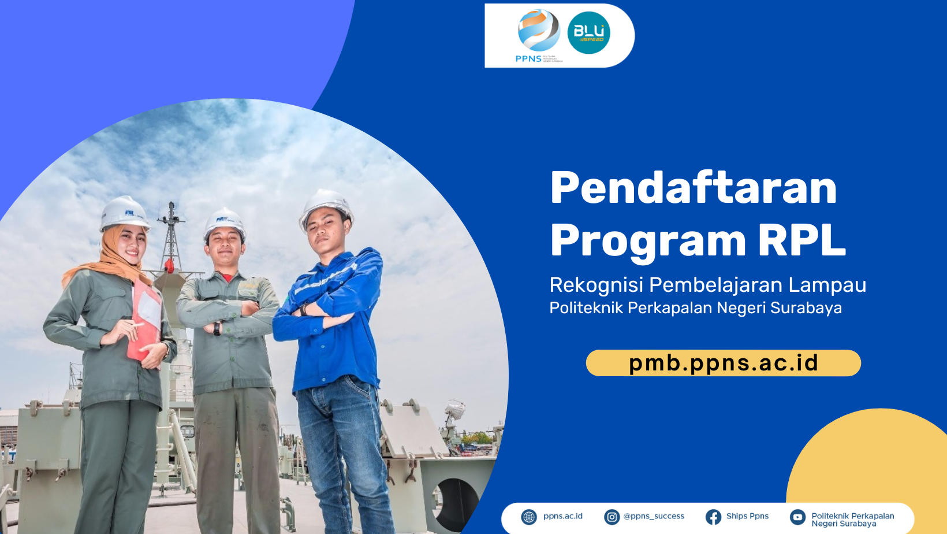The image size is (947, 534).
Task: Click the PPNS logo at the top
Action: coord(538,35)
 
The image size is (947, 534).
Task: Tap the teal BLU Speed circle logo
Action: coord(588,33)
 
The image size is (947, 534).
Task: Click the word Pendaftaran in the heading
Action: coord(693,188)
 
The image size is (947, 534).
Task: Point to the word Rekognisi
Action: coord(596,285)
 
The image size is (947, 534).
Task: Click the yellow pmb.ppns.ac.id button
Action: coord(723,363)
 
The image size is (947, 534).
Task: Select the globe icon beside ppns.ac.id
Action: coord(529,517)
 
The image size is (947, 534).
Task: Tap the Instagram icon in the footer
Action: coord(612,517)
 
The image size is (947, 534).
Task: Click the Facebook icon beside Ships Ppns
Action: coord(713,517)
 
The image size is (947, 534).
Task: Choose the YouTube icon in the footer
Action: coord(797,517)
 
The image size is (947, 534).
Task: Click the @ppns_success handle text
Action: coord(654,516)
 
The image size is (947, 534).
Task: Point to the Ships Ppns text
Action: coord(747,516)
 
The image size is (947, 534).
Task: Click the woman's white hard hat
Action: coord(124,212)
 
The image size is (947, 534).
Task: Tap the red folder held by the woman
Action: coord(144,324)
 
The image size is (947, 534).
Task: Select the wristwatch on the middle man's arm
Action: coord(217,328)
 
